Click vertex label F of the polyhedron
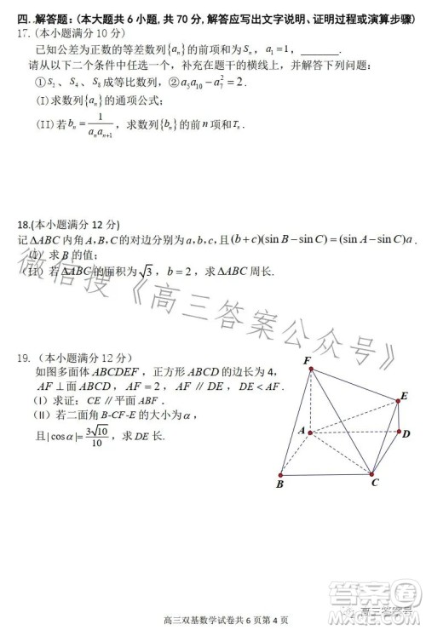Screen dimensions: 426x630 (x=306, y=360)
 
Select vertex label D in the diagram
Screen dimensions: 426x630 (x=406, y=434)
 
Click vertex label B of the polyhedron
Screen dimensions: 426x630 (x=279, y=484)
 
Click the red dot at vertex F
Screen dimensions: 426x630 (x=311, y=369)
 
